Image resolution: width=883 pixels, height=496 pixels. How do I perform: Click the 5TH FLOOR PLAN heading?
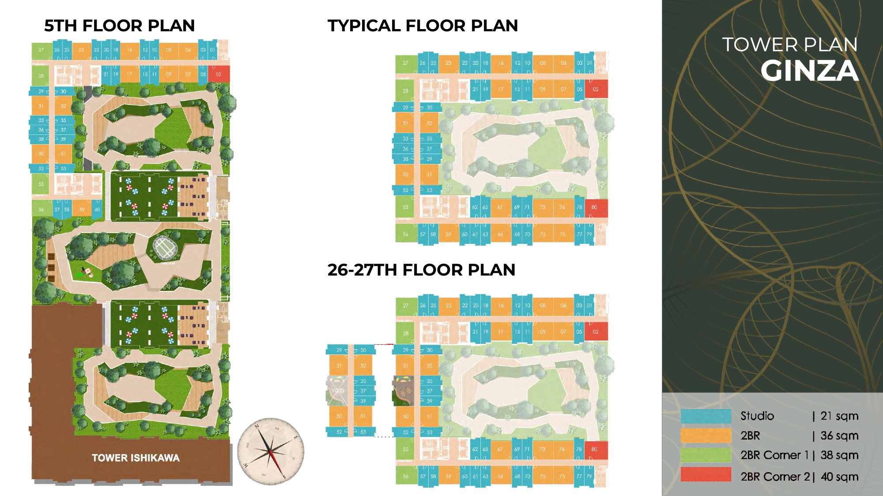[x=119, y=26]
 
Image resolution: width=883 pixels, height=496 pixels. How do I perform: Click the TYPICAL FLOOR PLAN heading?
[x=423, y=26]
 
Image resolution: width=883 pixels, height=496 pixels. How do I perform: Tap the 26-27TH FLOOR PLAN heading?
[x=421, y=270]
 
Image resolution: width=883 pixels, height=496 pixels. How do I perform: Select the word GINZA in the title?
[x=810, y=71]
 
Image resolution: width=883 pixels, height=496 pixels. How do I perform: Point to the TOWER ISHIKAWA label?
[x=136, y=458]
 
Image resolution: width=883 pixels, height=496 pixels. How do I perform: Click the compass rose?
[x=271, y=451]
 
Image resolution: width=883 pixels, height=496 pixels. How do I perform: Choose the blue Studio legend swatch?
[x=706, y=416]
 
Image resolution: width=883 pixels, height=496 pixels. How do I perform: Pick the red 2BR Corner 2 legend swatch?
[x=706, y=475]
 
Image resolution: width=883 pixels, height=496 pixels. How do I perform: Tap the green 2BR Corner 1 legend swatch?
[x=706, y=455]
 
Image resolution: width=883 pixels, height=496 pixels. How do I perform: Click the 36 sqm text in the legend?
[x=839, y=436]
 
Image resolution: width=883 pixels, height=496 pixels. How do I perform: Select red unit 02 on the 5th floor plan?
[x=219, y=74]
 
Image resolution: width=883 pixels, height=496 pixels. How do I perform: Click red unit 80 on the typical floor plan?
[x=595, y=207]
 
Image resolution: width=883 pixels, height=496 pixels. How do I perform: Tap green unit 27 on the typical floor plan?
[x=405, y=63]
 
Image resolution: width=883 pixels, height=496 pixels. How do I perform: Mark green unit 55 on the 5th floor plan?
[x=41, y=184]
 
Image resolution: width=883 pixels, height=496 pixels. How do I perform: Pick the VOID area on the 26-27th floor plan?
[x=338, y=391]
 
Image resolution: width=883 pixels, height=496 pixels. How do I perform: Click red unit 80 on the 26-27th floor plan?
[x=595, y=449]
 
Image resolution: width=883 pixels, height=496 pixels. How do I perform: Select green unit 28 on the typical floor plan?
[x=405, y=91]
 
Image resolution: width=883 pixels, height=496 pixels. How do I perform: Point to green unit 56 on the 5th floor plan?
[x=41, y=209]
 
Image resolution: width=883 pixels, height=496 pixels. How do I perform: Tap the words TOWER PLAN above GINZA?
[x=789, y=45]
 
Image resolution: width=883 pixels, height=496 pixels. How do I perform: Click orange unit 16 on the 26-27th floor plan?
[x=501, y=305]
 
